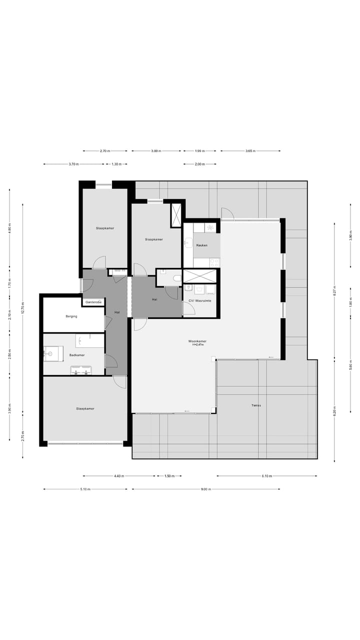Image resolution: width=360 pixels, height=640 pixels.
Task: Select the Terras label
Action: pos(256,405)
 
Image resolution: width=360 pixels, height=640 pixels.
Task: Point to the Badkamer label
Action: pos(77,355)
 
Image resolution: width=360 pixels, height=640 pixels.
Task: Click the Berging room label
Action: pos(71,316)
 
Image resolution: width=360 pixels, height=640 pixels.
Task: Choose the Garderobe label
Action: pos(93,302)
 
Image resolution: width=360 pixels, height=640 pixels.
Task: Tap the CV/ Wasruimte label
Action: pos(200,300)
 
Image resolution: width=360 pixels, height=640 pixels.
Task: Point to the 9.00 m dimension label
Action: pos(205,489)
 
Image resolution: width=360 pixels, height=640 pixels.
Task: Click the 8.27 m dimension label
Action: pos(334,290)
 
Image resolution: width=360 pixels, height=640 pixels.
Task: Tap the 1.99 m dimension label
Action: pos(199,150)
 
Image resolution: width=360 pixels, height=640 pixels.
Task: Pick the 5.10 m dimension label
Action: pos(85,489)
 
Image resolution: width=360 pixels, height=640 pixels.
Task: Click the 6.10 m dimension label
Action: pos(266,476)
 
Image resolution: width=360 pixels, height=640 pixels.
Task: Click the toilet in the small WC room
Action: pos(176,278)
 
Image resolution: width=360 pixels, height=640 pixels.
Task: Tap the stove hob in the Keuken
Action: pos(214,261)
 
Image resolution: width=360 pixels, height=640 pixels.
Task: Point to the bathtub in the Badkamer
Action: pos(89,340)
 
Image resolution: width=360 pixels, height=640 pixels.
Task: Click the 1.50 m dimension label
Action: pos(169,476)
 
